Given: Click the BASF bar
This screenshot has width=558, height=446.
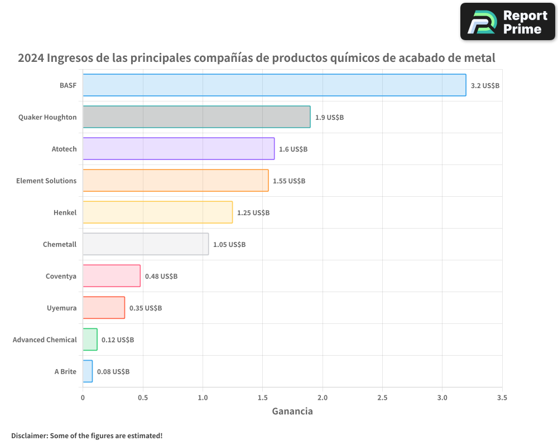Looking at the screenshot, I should click(x=274, y=85).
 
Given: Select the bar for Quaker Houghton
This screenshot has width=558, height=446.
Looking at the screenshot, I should click(x=196, y=117).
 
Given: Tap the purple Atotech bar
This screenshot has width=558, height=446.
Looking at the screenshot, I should click(x=179, y=149).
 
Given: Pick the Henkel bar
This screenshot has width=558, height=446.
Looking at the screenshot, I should click(x=157, y=212).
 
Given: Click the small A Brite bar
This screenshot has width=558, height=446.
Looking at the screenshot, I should click(x=88, y=371).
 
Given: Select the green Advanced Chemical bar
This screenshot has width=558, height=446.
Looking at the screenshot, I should click(x=90, y=340).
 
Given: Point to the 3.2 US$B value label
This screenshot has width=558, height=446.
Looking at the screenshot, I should click(x=485, y=86).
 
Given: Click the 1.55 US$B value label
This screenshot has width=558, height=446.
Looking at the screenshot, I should click(x=288, y=181).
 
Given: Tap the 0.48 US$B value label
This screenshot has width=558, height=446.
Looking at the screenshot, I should click(x=161, y=277).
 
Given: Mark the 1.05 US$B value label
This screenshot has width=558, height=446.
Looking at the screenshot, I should click(x=229, y=245).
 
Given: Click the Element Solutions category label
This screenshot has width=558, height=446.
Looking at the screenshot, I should click(x=46, y=181).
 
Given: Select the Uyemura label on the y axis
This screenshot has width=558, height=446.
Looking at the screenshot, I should click(x=61, y=308).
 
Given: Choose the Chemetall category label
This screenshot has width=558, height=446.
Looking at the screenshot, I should click(x=60, y=244).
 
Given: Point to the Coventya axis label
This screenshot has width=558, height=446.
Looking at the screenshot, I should click(x=61, y=276).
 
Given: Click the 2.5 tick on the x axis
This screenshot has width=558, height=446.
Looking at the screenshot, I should click(x=382, y=398).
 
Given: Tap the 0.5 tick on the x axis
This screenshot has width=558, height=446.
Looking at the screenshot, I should click(x=143, y=398).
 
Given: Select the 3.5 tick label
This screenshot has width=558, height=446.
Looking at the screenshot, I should click(x=502, y=398).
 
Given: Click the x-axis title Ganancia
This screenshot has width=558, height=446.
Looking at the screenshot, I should click(x=292, y=411).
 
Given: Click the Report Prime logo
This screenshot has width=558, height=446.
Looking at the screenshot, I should click(x=507, y=22).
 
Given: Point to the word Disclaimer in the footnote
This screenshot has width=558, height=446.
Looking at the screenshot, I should click(x=29, y=435).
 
